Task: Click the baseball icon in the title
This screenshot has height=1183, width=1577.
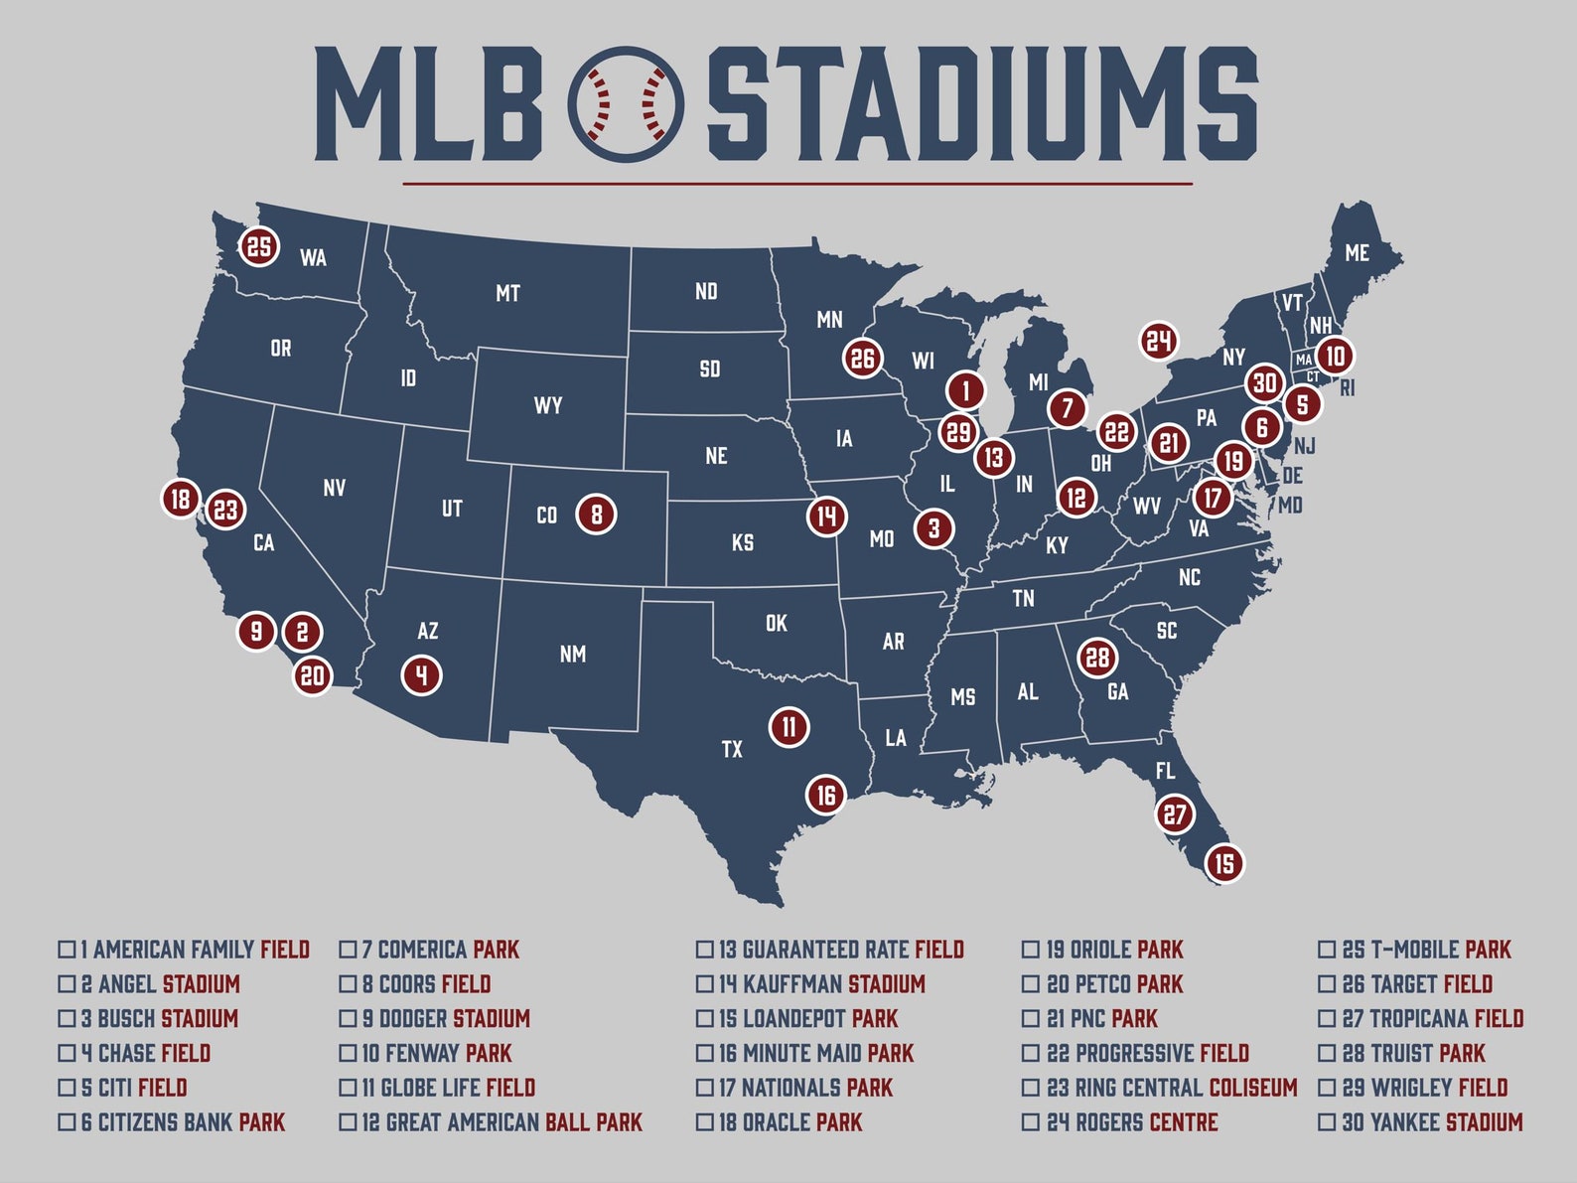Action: (626, 104)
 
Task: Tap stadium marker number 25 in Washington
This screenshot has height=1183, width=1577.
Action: (259, 246)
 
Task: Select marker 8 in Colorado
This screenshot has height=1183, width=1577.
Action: (597, 514)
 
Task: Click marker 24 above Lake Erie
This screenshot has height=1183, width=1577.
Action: (1158, 342)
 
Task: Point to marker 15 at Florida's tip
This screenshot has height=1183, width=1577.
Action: (1224, 862)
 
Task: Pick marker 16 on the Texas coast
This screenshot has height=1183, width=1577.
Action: (826, 794)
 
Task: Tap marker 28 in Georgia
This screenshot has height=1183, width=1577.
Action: (1096, 657)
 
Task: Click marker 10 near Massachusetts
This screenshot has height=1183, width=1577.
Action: (1335, 356)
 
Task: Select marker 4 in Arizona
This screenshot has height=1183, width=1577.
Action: (422, 674)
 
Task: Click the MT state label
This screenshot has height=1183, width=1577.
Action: (507, 293)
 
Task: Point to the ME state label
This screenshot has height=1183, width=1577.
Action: (1357, 253)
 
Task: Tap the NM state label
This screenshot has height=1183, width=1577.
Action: (572, 654)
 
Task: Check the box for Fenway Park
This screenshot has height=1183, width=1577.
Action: (348, 1053)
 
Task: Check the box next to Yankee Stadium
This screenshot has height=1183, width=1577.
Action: (1326, 1122)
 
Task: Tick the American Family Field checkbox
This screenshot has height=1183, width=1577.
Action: (67, 950)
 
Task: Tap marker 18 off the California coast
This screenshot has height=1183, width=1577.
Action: (181, 498)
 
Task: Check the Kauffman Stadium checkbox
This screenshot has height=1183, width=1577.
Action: (704, 984)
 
